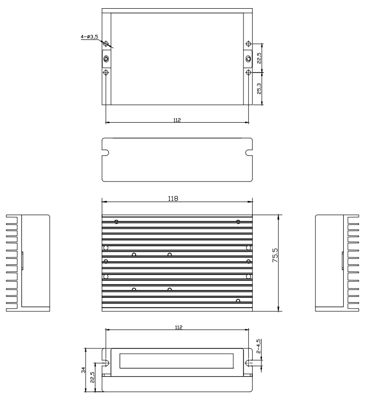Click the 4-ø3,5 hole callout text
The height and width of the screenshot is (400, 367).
click(89, 36)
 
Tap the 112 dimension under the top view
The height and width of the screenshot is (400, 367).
click(176, 119)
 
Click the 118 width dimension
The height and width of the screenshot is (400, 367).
click(173, 199)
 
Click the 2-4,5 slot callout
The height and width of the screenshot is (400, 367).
click(259, 346)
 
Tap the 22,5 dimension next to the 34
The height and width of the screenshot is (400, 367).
click(93, 377)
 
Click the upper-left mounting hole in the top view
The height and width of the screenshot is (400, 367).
click(106, 44)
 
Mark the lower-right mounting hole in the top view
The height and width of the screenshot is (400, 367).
click(248, 73)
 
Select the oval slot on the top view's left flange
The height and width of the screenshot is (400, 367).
click(106, 59)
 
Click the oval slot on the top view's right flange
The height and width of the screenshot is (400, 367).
click(248, 59)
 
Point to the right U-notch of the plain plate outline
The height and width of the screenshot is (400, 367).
click(249, 153)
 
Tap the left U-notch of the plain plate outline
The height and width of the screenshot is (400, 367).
click(105, 153)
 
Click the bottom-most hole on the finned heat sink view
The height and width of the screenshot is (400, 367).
click(238, 301)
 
